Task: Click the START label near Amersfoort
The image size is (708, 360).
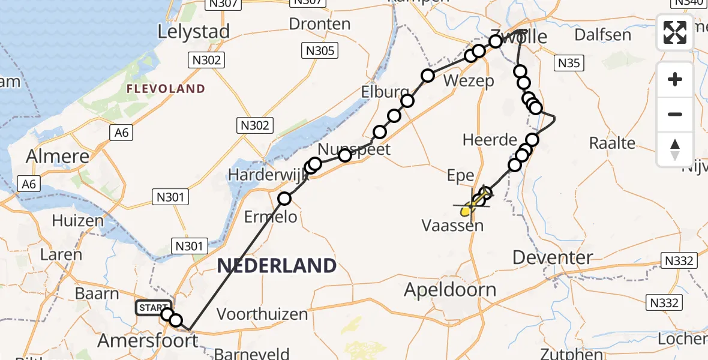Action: pos(152,308)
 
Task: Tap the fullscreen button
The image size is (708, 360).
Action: pos(675,32)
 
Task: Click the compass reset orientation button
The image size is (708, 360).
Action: pos(675,149)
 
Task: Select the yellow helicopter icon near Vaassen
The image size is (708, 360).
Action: pos(467,209)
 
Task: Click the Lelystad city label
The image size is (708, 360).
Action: pos(193,32)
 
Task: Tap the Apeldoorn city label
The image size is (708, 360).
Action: pos(450,290)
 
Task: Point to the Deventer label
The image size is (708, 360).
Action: pos(553,257)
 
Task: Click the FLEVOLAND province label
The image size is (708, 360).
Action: pos(165,89)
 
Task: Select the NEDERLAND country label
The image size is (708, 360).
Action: pos(277,265)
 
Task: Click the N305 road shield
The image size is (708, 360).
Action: pos(319,51)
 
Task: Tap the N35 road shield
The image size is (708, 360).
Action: pos(569,62)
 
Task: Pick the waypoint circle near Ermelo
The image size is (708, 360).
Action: pos(284,199)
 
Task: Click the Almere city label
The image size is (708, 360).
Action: pos(58,156)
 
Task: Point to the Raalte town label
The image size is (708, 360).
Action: pos(612,143)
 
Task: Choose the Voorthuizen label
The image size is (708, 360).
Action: pos(262,314)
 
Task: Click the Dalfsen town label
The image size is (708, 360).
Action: pos(602,34)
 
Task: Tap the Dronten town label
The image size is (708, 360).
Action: pos(320,24)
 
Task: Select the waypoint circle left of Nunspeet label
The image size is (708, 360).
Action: pos(315,164)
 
